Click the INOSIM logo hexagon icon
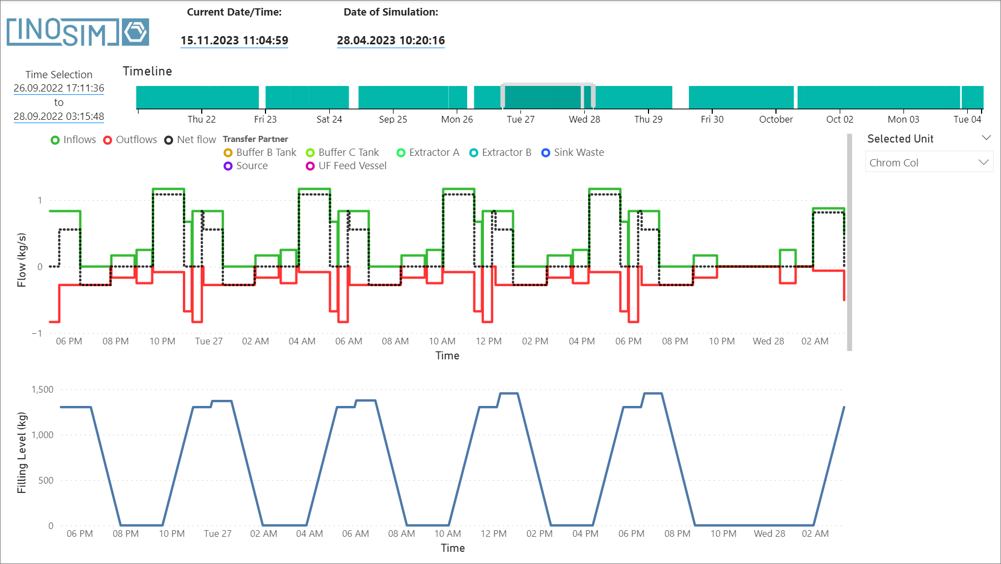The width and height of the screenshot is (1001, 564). (135, 32)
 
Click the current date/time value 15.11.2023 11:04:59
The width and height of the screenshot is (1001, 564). (234, 40)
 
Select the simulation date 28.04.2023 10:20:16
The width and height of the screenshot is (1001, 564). (391, 40)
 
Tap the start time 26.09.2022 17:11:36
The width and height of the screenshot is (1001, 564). (59, 88)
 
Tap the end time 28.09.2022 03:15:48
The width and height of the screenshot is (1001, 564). (59, 116)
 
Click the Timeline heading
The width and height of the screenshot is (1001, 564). (147, 71)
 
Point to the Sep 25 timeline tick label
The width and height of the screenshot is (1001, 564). (393, 119)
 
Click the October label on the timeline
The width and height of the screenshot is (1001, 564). (775, 119)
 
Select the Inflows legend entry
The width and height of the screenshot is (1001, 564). (73, 140)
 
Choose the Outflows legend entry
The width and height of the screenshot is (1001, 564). (130, 140)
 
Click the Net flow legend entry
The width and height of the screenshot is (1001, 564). (190, 140)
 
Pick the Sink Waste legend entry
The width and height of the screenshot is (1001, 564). (573, 153)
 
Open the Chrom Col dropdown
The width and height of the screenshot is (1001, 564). (928, 162)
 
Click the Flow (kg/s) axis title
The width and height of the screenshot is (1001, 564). (22, 260)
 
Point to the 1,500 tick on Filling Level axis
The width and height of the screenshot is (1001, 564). (43, 389)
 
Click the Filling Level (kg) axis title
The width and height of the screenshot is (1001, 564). (22, 453)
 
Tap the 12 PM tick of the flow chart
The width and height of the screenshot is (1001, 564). (488, 341)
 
